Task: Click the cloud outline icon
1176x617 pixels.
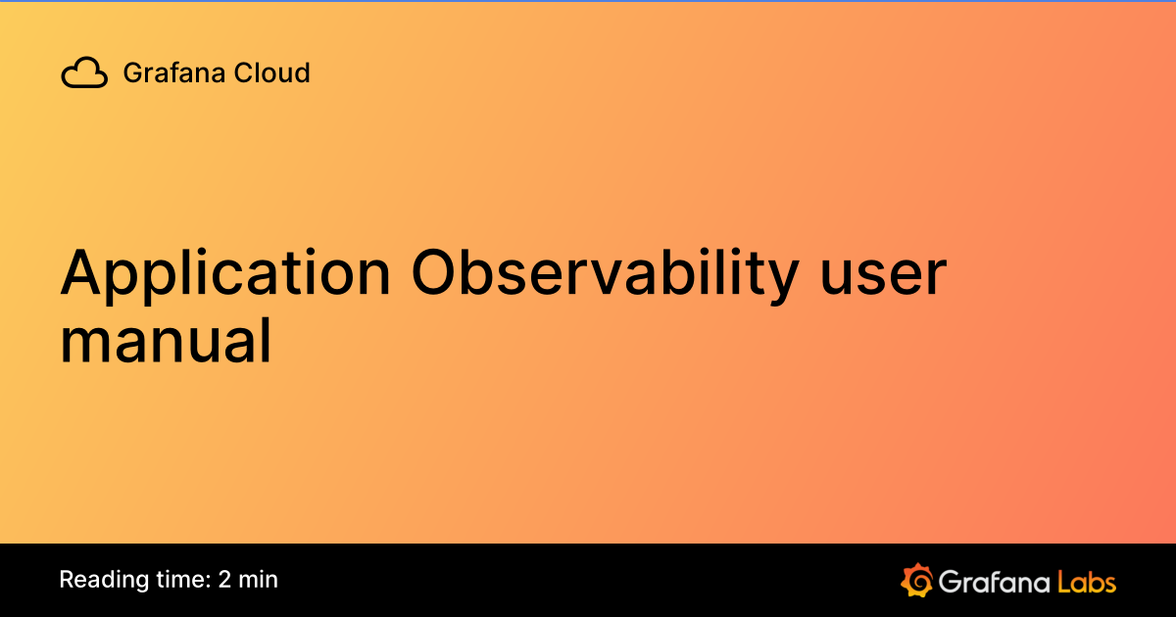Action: (x=84, y=73)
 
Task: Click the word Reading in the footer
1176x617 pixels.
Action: (x=98, y=580)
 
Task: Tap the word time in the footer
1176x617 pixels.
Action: (x=177, y=580)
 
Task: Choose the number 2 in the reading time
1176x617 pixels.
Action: (x=225, y=580)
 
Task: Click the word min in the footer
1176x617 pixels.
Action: (x=259, y=580)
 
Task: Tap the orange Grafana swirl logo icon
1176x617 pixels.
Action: (x=915, y=580)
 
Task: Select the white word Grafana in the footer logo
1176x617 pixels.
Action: (x=992, y=581)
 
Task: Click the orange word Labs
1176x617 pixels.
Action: (x=1086, y=581)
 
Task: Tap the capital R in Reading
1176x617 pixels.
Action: (x=67, y=580)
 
